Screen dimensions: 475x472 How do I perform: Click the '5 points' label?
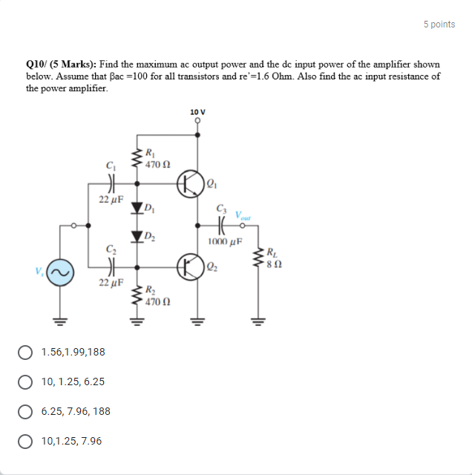439,24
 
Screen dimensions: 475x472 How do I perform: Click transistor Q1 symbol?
191,183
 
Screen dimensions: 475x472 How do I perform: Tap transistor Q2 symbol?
191,265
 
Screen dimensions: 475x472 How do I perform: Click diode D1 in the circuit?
137,208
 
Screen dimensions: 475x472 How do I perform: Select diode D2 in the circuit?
137,237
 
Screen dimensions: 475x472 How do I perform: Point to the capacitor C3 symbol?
223,224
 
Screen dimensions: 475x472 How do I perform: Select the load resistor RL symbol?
258,258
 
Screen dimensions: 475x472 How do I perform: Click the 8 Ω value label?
273,263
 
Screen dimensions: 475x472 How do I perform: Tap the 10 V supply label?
197,112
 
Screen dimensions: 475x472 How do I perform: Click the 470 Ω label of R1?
158,163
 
